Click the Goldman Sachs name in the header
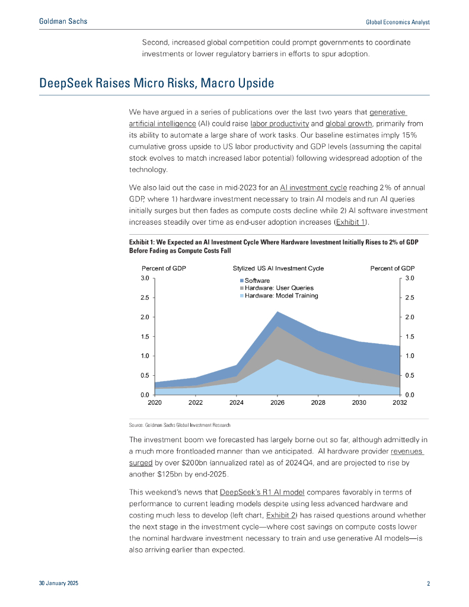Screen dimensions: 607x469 62,21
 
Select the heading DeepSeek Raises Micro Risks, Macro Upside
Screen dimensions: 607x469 157,83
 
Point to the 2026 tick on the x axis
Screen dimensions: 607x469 277,402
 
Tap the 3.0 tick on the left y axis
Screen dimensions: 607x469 145,278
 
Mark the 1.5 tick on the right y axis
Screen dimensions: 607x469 410,337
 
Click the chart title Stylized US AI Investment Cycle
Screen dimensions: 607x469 278,269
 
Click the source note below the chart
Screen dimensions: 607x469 179,426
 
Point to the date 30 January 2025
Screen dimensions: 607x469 58,584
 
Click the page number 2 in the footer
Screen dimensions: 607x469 428,584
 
